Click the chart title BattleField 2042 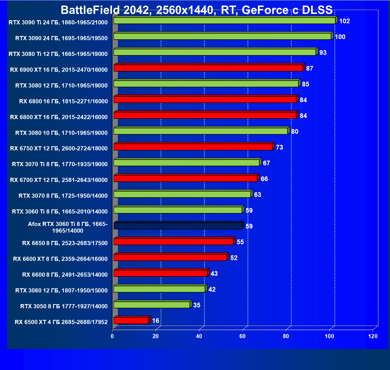[197, 10]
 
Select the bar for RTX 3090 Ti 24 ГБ [224, 20]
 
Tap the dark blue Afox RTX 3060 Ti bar [178, 226]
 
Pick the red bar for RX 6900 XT [208, 68]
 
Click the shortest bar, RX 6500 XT [131, 320]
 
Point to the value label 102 [344, 21]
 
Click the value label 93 [323, 53]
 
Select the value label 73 [279, 147]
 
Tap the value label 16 [156, 321]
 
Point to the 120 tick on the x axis [373, 336]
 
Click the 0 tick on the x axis [112, 336]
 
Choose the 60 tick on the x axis [242, 336]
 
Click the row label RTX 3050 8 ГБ [64, 306]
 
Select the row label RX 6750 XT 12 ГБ [59, 148]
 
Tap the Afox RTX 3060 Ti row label [68, 227]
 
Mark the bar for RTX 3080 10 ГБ [201, 131]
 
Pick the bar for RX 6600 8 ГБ [161, 273]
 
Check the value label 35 [197, 305]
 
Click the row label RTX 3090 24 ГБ [61, 38]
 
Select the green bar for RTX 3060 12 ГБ [159, 289]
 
